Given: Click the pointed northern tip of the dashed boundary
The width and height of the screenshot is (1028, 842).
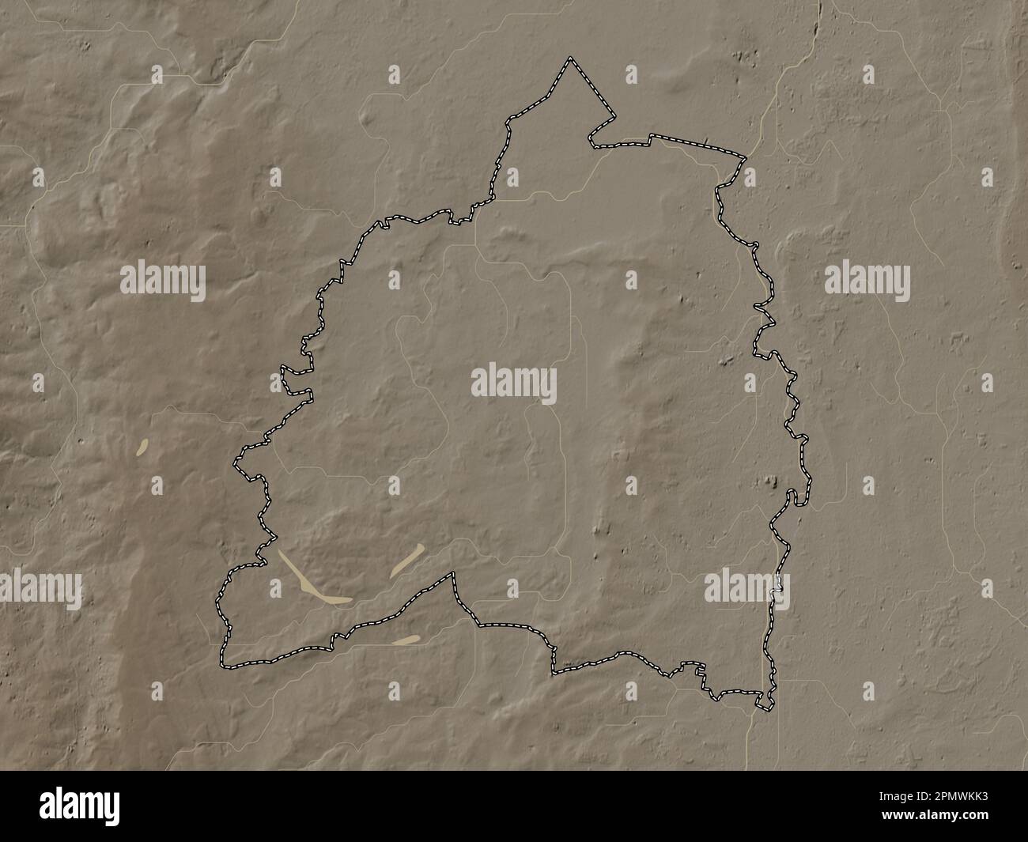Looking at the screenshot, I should click(x=569, y=59).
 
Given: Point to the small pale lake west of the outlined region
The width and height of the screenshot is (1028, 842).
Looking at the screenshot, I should click(x=144, y=447).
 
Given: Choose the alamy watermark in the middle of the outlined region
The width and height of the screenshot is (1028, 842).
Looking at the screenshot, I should click(x=514, y=384).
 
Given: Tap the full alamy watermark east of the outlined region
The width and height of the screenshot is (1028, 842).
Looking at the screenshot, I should click(x=867, y=281).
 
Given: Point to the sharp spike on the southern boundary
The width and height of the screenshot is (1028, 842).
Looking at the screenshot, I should click(x=453, y=574).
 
